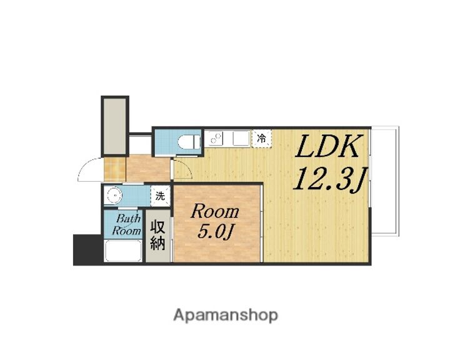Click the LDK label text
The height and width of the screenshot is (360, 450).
(x=327, y=147)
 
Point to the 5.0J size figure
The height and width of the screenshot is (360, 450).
(x=216, y=232)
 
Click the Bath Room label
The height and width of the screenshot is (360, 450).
(x=127, y=225)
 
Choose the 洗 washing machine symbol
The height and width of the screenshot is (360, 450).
(x=161, y=196)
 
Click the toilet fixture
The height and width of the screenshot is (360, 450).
(x=187, y=141)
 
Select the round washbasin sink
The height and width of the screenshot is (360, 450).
(x=114, y=196)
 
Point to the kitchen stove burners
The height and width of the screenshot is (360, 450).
(x=215, y=138)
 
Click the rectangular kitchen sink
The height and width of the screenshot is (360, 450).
(x=241, y=138)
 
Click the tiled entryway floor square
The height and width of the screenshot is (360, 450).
(x=115, y=168)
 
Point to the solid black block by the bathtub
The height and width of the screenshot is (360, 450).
(x=87, y=249)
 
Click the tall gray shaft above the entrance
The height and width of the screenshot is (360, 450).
(x=115, y=126)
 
